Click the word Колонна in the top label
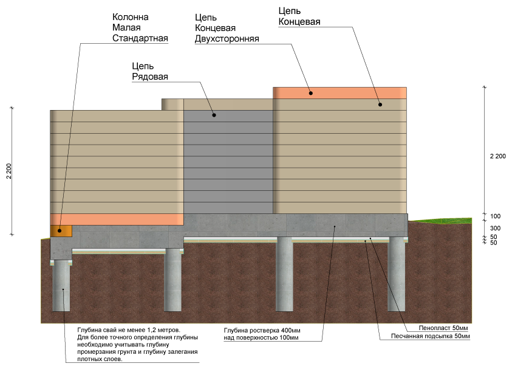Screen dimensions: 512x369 131,17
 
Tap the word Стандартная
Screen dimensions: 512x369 140,38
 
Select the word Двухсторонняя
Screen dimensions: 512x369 227,38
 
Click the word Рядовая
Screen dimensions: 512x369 150,77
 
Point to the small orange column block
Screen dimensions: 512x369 61,230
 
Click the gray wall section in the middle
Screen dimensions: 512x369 228,162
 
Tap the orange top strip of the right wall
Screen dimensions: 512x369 340,93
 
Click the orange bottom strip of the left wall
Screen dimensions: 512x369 117,219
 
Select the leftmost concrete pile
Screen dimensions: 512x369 61,286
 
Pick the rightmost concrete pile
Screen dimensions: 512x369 397,274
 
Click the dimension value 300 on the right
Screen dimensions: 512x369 495,228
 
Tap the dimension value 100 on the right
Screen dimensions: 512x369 495,216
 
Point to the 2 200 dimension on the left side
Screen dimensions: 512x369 9,171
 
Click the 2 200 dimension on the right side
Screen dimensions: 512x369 497,156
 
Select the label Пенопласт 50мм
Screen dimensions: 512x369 443,328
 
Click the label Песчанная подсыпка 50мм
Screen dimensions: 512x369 431,336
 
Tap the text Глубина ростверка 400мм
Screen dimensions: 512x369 262,331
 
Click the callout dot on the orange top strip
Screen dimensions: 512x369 311,93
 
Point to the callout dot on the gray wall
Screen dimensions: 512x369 214,115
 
